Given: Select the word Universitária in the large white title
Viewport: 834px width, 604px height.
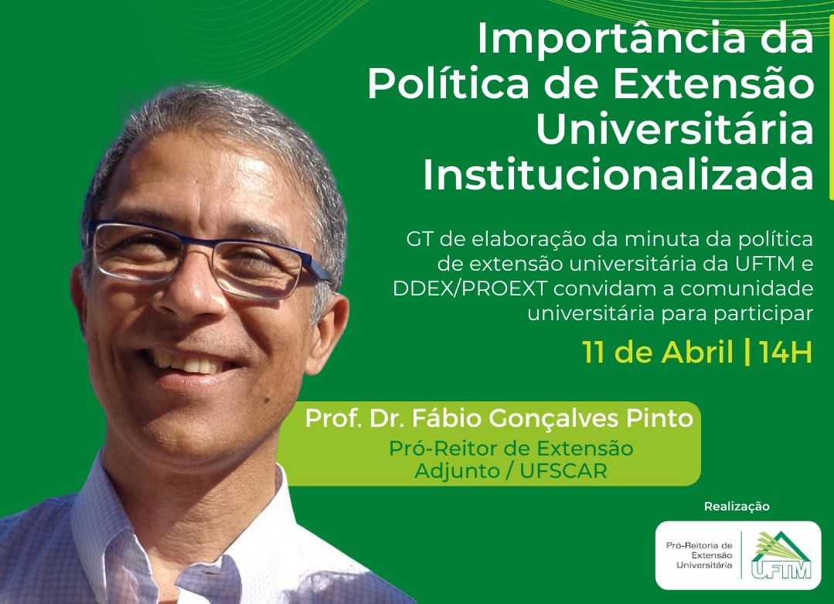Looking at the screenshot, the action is click(x=675, y=129).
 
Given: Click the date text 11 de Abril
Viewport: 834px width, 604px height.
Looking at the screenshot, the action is click(x=658, y=352).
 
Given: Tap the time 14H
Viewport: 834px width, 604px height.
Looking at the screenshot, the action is click(x=785, y=353).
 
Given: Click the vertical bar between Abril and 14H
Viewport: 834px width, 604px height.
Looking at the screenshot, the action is click(x=747, y=352).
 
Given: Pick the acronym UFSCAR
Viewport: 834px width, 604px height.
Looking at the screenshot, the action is click(x=563, y=471).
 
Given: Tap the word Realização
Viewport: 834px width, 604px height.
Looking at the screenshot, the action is click(x=737, y=506).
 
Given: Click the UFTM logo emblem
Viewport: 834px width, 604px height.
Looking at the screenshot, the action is click(x=781, y=555).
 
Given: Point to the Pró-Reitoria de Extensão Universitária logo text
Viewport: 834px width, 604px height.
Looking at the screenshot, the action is click(x=699, y=555).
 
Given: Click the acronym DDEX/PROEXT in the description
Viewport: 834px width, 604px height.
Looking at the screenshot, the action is click(x=469, y=288).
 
